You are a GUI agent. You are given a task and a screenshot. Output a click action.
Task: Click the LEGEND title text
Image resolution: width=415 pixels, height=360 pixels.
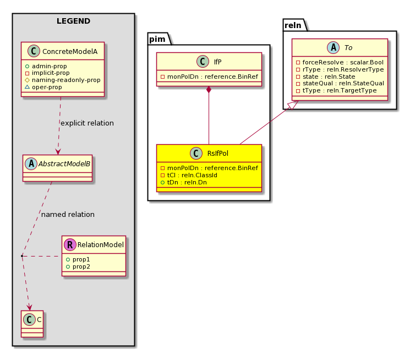(x=73, y=21)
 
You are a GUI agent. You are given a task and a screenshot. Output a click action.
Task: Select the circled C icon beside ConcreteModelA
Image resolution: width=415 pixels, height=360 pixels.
(x=34, y=51)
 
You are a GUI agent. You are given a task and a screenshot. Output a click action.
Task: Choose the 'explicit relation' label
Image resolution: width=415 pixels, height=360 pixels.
(x=87, y=123)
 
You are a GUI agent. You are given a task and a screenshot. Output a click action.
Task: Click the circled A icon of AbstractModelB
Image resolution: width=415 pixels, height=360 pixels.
(x=31, y=164)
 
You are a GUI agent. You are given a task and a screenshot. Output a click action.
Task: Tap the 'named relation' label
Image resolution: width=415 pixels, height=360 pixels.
(x=68, y=215)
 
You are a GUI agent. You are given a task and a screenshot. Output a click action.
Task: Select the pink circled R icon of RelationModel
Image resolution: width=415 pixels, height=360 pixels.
(x=70, y=245)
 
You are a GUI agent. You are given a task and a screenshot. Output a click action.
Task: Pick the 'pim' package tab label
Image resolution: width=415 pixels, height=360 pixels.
(x=157, y=39)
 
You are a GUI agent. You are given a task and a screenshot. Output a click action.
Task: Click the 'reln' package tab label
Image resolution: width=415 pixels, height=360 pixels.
(x=293, y=25)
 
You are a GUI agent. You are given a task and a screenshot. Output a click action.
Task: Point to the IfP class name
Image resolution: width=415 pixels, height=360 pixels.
(x=217, y=62)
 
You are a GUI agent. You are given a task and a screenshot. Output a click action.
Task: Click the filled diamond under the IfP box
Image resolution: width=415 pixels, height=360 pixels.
(x=209, y=90)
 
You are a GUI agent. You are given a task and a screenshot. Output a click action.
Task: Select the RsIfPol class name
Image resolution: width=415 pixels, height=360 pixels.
(x=218, y=153)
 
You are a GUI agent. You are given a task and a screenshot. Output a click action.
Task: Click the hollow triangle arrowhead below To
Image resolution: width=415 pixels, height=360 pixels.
(x=293, y=105)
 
